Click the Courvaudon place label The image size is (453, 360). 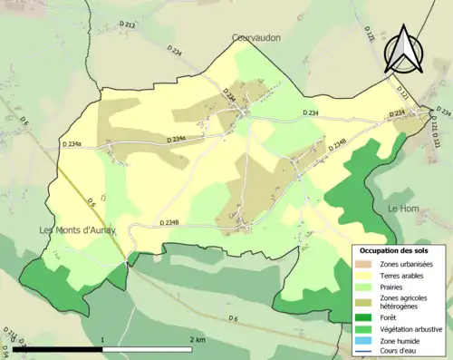(x=255, y=39)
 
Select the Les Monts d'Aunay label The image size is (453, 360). (x=79, y=230)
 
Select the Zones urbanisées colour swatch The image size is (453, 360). (x=366, y=264)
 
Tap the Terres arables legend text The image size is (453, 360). (x=404, y=277)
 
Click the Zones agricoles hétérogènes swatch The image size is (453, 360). (x=366, y=304)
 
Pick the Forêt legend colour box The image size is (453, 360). (x=366, y=318)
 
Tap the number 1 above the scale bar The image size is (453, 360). (x=103, y=339)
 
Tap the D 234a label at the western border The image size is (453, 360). (x=72, y=144)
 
